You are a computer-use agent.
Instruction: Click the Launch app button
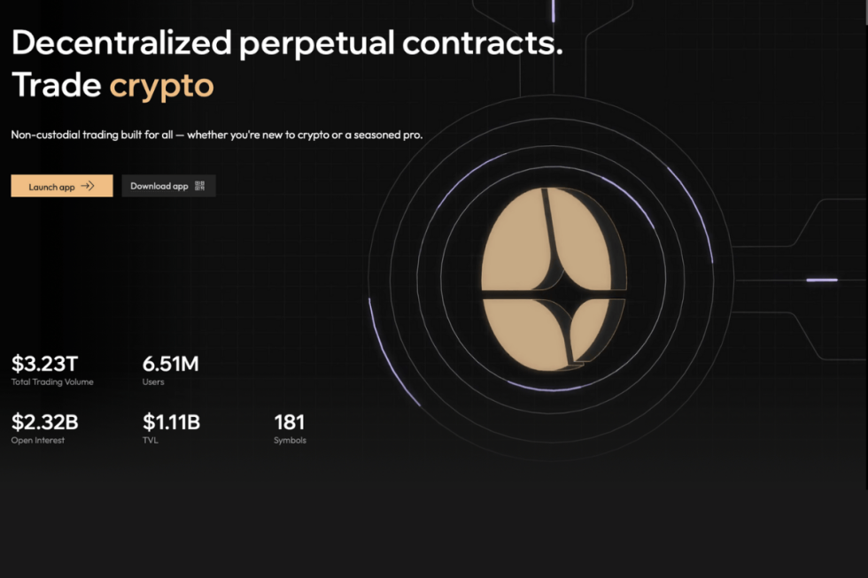(61, 186)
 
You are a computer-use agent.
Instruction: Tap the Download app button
(167, 186)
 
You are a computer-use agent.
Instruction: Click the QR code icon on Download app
(200, 186)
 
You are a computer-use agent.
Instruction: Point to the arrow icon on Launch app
(88, 186)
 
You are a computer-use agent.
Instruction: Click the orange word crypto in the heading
(161, 86)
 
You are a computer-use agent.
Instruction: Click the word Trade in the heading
(57, 86)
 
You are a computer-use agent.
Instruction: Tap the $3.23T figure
(44, 363)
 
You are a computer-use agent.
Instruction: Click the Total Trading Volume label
(52, 382)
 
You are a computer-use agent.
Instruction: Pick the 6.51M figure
(170, 363)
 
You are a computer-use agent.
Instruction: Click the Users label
(153, 382)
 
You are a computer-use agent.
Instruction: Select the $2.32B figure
(45, 422)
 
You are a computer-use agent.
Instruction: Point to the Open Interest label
(38, 440)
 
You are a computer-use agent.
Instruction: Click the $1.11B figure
(171, 422)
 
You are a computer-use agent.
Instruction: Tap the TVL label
(151, 440)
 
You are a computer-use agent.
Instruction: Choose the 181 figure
(290, 422)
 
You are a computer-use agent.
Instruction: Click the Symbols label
(291, 440)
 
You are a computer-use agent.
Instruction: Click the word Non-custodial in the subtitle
(43, 135)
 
